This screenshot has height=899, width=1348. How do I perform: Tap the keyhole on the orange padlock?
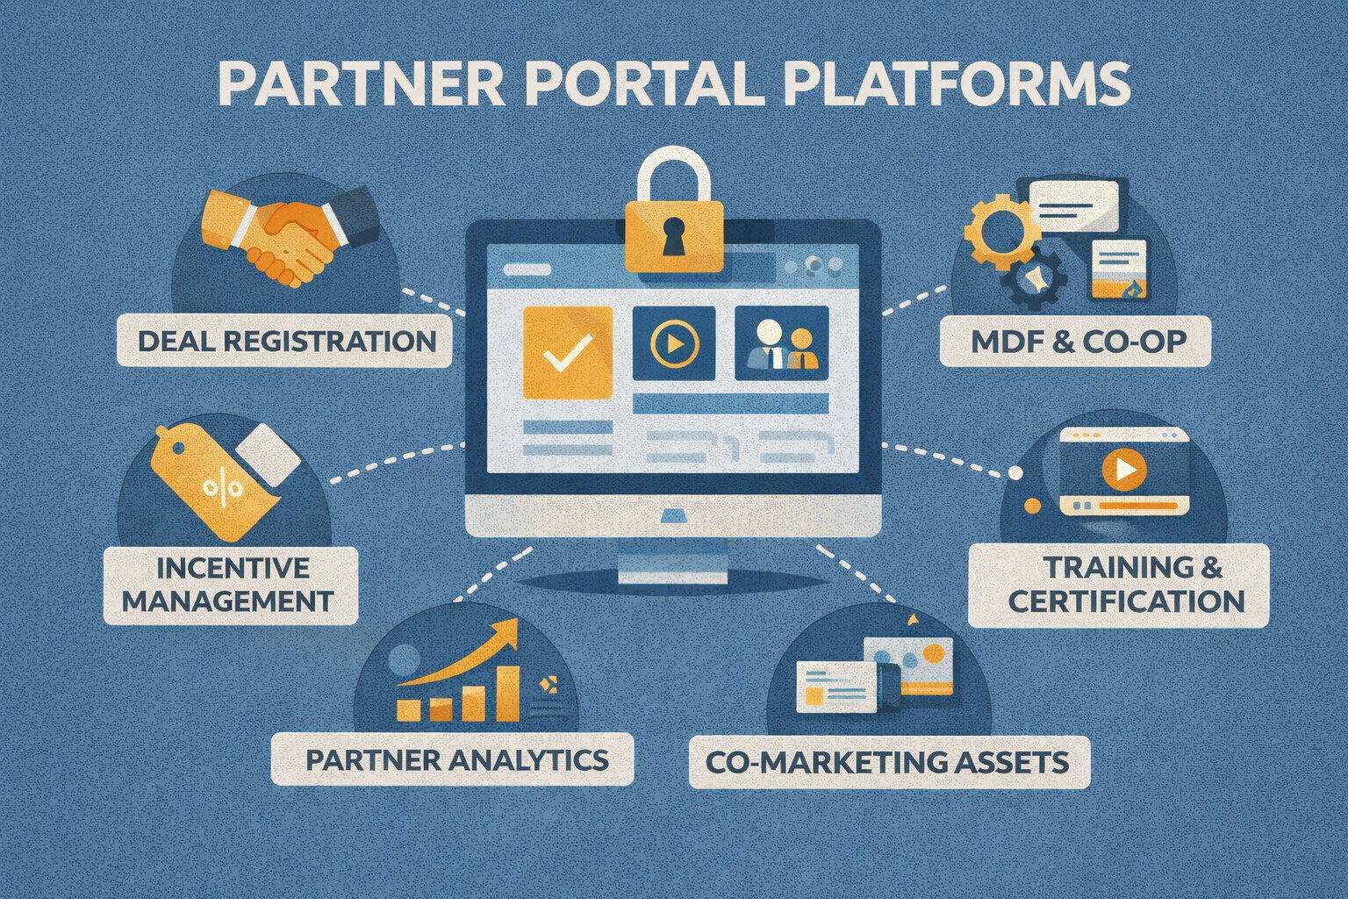673,235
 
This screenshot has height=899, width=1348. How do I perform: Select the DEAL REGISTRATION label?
286,341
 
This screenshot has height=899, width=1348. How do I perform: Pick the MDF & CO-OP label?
1076,342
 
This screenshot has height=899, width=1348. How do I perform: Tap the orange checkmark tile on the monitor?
567,353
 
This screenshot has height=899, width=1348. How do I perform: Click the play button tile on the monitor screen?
674,343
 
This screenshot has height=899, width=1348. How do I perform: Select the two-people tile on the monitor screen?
781,343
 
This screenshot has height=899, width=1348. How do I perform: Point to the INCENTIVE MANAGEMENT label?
230,585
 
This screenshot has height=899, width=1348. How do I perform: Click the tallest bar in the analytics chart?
507,693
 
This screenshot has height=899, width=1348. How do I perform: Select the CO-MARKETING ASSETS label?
888,762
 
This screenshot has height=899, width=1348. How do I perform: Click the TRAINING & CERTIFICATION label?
1120,585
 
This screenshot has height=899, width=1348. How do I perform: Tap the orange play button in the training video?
1123,471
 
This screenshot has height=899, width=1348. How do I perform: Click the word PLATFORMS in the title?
957,84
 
